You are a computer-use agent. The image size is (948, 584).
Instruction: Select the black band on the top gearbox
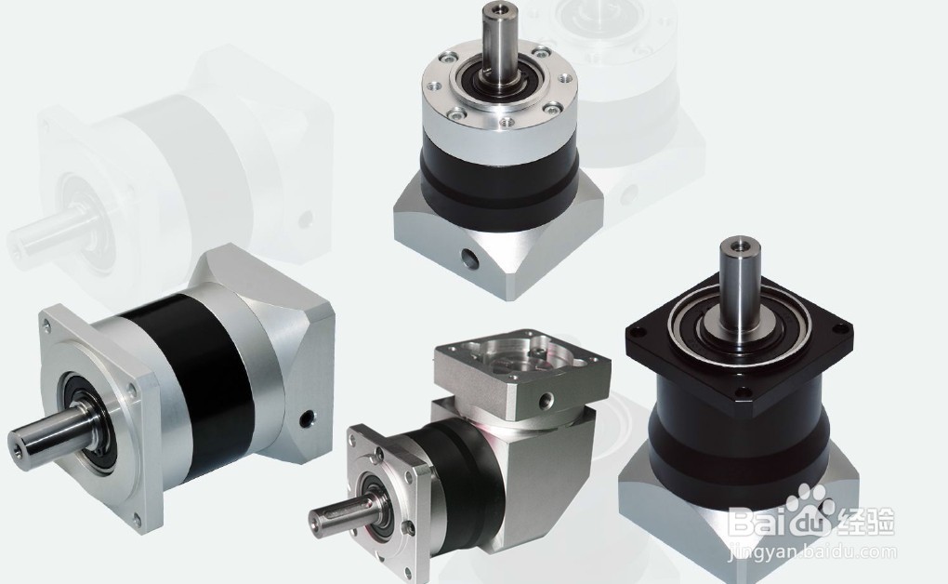pyautogui.click(x=500, y=172)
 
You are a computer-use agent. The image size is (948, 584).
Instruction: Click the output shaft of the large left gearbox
pyautogui.click(x=56, y=433)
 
